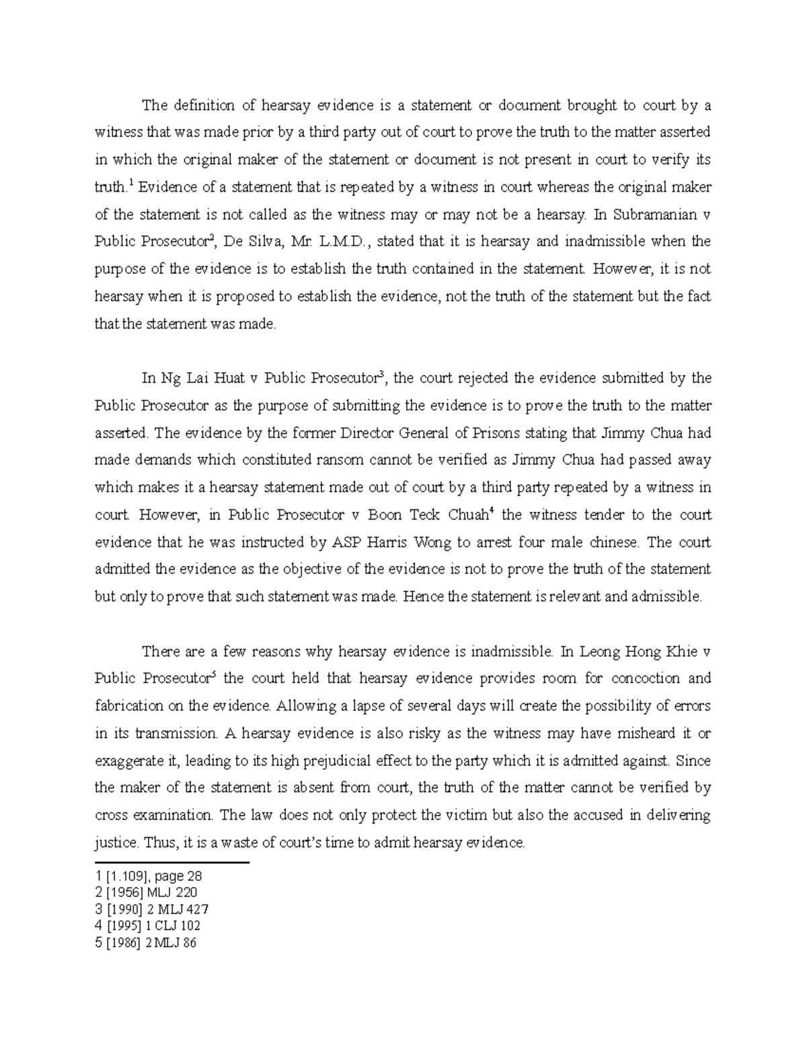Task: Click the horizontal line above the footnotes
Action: coord(172,862)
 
